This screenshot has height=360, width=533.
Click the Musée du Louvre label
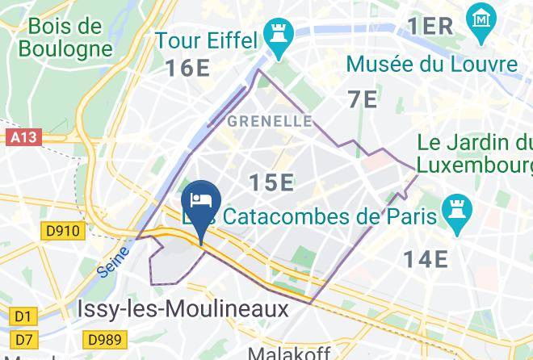432,64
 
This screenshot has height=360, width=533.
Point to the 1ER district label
430,25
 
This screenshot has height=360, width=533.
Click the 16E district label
188,68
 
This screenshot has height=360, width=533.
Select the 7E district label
363,99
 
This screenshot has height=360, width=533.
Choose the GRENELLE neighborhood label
270,121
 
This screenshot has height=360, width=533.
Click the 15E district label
270,182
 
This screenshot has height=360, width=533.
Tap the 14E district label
426,259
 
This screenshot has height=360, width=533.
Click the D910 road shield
62,231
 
